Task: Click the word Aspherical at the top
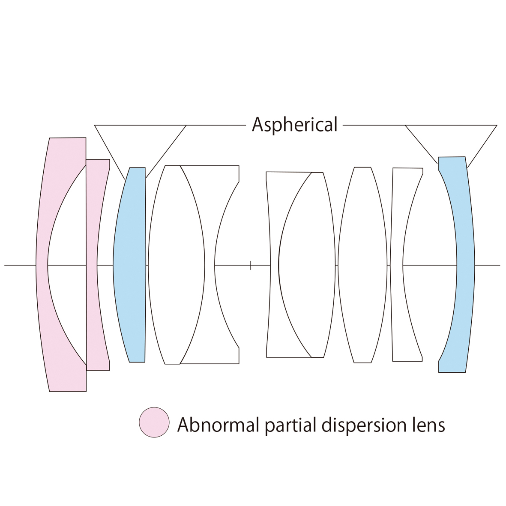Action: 295,125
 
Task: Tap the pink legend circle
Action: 154,422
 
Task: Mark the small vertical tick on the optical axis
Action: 251,266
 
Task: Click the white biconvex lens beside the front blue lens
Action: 176,266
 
